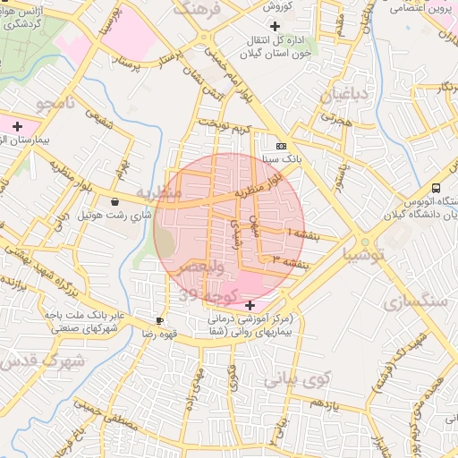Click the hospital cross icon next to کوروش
pos(275,27)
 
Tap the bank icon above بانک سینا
pos(282,146)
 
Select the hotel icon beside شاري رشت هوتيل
pos(115,202)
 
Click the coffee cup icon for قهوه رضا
pos(159,320)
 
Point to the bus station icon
pos(435,188)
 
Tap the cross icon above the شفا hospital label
pos(250,306)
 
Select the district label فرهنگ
pos(197,10)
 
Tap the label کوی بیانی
pos(297,379)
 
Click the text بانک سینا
pos(275,159)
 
